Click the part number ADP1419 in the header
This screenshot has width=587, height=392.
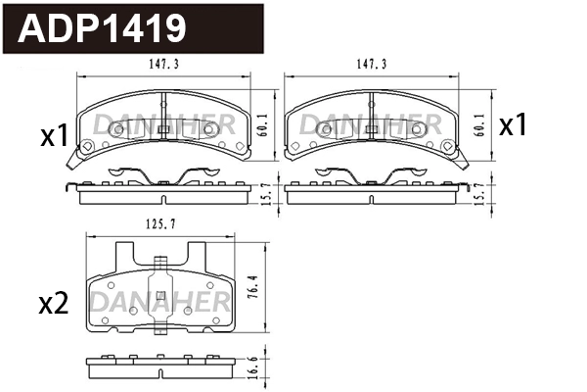tap(103, 28)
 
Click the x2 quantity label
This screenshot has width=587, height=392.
tap(52, 305)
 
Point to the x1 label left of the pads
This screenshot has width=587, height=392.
tap(53, 136)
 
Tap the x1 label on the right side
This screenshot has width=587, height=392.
tap(514, 125)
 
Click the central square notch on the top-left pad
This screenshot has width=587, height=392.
tap(163, 129)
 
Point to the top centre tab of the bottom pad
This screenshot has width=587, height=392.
tap(161, 262)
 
